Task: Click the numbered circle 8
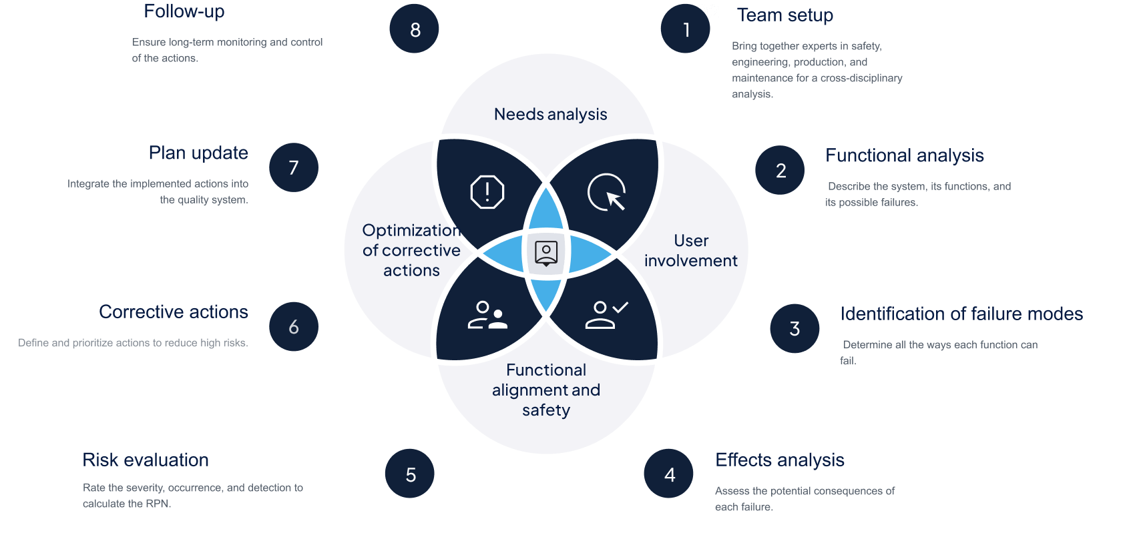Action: (x=414, y=29)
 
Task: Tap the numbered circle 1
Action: (x=685, y=29)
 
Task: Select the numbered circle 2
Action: (x=780, y=170)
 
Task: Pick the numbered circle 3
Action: (x=795, y=328)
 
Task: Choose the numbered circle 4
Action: (x=669, y=474)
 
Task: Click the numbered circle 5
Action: (x=410, y=474)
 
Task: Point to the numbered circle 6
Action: (x=294, y=326)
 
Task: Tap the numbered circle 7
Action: (x=294, y=167)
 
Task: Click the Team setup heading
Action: (x=785, y=15)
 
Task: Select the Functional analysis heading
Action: (x=904, y=155)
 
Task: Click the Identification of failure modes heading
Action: (x=961, y=314)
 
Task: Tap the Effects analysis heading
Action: (x=779, y=460)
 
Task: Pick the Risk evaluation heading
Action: (x=146, y=460)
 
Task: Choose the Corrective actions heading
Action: (x=174, y=312)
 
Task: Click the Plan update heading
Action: (x=198, y=153)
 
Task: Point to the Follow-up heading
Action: (x=184, y=11)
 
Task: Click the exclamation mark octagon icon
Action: (x=487, y=192)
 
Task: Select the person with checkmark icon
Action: (x=606, y=315)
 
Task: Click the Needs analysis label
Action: (x=550, y=114)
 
